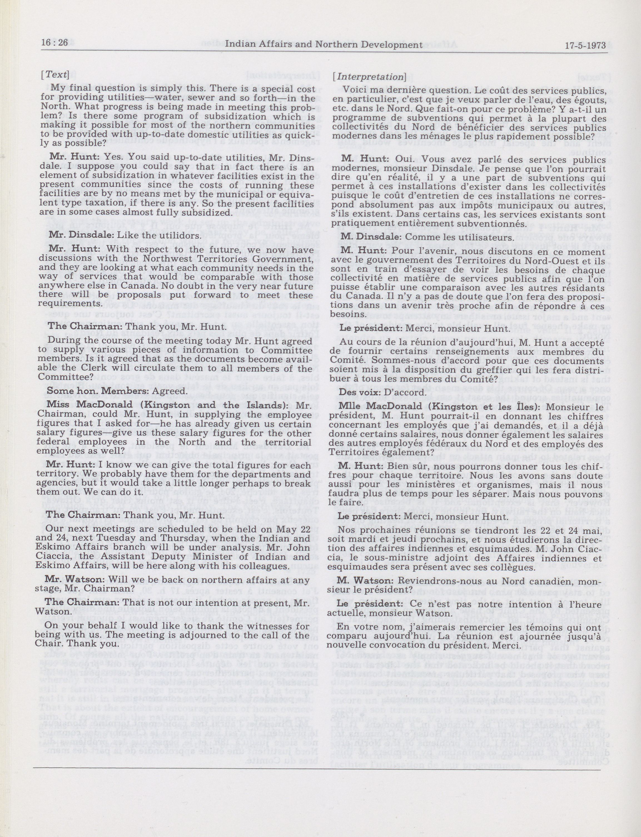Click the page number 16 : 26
[x=54, y=43]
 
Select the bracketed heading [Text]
[x=55, y=75]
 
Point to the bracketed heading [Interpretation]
[x=369, y=77]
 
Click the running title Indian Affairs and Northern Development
[x=324, y=45]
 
